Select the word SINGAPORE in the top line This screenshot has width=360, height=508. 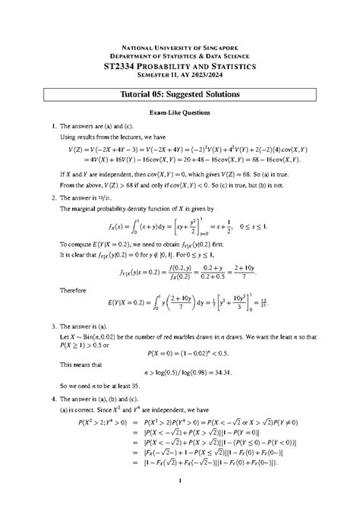coord(219,47)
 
